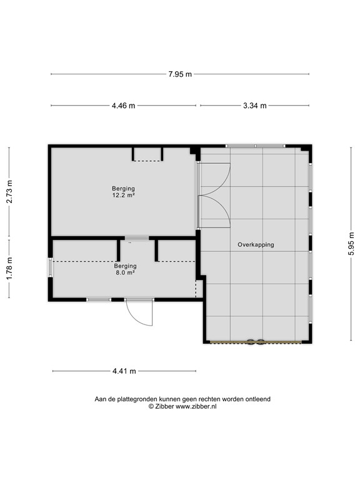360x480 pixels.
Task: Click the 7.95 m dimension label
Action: tap(180, 74)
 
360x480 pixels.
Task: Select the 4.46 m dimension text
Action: tap(123, 106)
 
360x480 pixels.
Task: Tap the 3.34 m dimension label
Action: tap(254, 106)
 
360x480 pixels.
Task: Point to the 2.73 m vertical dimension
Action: tap(9, 192)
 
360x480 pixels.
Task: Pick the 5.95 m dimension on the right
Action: tap(351, 244)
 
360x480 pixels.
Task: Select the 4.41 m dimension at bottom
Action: tap(124, 371)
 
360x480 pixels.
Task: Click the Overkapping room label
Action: tap(256, 245)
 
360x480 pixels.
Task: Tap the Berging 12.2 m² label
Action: tap(124, 192)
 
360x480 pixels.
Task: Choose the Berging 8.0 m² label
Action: tap(125, 269)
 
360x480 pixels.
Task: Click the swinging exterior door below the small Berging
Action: tap(140, 312)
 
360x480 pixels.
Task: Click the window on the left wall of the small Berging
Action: tap(50, 268)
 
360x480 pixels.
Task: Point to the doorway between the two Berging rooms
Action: tap(136, 238)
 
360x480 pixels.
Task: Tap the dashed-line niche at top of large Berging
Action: tap(147, 154)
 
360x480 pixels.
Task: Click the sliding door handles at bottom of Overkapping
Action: tap(255, 342)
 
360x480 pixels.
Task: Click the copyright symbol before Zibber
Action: tap(151, 406)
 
